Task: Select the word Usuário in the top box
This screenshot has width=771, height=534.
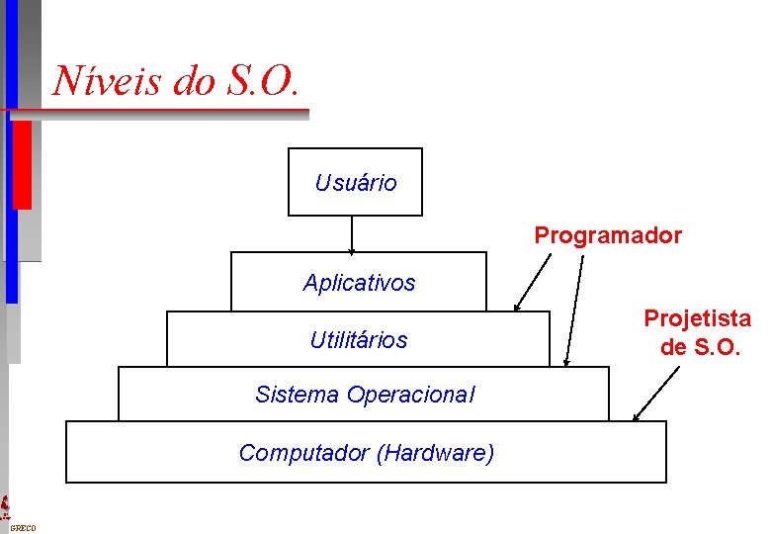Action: pyautogui.click(x=356, y=183)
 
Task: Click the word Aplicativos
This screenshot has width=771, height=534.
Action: pyautogui.click(x=359, y=283)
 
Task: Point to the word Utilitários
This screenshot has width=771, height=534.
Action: pyautogui.click(x=358, y=340)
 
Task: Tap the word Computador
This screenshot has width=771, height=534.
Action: pyautogui.click(x=303, y=453)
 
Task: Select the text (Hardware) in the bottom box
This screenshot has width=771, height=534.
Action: pyautogui.click(x=435, y=453)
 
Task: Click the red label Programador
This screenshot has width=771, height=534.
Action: pyautogui.click(x=608, y=236)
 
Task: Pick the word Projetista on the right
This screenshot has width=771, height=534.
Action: pyautogui.click(x=697, y=318)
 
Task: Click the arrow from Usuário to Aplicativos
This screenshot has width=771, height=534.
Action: pyautogui.click(x=352, y=234)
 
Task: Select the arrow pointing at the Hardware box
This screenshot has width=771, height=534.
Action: pyautogui.click(x=657, y=394)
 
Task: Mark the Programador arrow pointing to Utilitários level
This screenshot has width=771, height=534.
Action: pyautogui.click(x=534, y=283)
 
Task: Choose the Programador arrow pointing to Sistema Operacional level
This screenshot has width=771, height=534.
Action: pyautogui.click(x=574, y=311)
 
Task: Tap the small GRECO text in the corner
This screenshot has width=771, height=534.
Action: pyautogui.click(x=22, y=528)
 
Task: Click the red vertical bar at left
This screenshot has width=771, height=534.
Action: pyautogui.click(x=21, y=163)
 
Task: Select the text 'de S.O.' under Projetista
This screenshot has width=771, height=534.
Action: pyautogui.click(x=699, y=347)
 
